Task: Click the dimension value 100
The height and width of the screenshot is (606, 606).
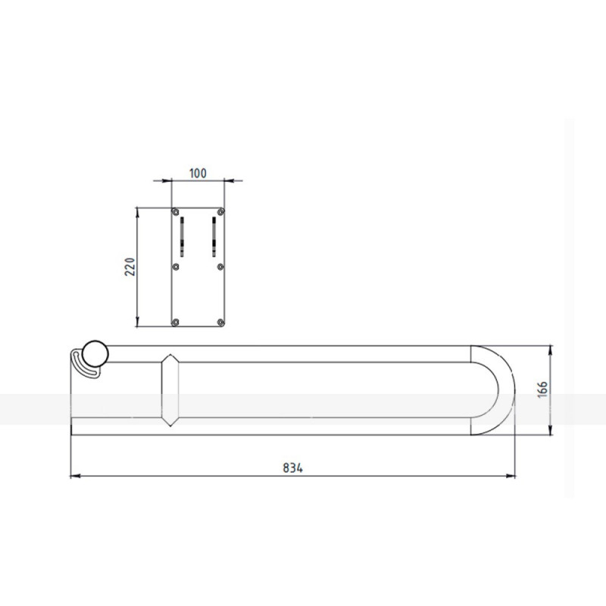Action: [198, 173]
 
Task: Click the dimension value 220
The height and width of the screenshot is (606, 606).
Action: [130, 267]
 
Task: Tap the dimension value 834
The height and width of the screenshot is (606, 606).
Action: [292, 468]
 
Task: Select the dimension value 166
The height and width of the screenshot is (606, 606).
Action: [542, 389]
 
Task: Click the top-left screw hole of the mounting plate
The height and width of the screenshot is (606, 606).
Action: [176, 212]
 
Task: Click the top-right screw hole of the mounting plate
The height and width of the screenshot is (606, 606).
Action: [220, 212]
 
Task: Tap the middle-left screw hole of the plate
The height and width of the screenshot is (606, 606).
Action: [176, 267]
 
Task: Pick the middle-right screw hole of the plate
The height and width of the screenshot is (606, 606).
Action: [220, 267]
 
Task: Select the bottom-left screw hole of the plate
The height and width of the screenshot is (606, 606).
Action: [176, 322]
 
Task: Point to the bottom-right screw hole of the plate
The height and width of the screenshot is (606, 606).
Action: [220, 322]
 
